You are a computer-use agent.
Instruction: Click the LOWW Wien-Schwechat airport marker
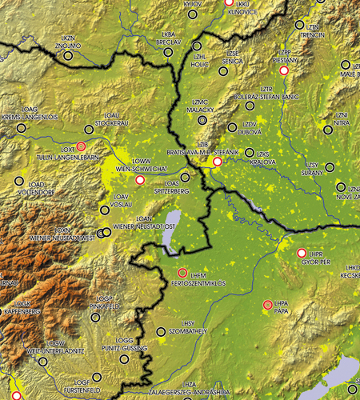tap(141, 181)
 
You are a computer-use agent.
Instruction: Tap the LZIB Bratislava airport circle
tap(216, 162)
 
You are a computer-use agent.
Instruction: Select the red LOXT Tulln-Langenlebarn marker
tap(81, 147)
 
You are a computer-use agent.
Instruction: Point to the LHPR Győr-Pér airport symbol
tap(302, 253)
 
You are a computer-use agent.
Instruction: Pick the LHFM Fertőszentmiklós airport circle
tap(182, 273)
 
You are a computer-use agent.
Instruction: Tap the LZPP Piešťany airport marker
tap(283, 70)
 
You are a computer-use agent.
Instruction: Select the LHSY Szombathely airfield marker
tap(162, 331)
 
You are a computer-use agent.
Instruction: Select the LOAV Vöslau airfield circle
tap(105, 210)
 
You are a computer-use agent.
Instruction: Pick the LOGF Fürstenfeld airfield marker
tap(97, 377)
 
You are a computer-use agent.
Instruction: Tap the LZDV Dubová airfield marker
tap(232, 126)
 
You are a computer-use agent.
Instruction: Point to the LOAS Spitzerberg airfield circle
tap(186, 177)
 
